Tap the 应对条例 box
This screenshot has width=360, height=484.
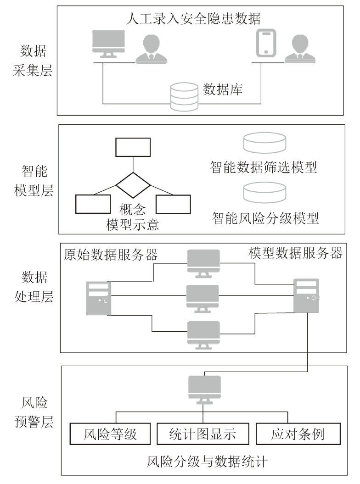(x=298, y=434)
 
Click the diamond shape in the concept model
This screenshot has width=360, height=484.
(x=133, y=185)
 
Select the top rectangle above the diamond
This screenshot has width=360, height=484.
(x=133, y=147)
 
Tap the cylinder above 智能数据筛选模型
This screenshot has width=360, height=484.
(x=264, y=143)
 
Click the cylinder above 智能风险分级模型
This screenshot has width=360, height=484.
(x=264, y=192)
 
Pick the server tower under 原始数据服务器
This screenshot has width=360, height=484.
(x=98, y=298)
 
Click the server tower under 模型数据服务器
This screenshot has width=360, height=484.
(x=306, y=296)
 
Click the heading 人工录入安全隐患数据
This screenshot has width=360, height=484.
(x=192, y=19)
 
